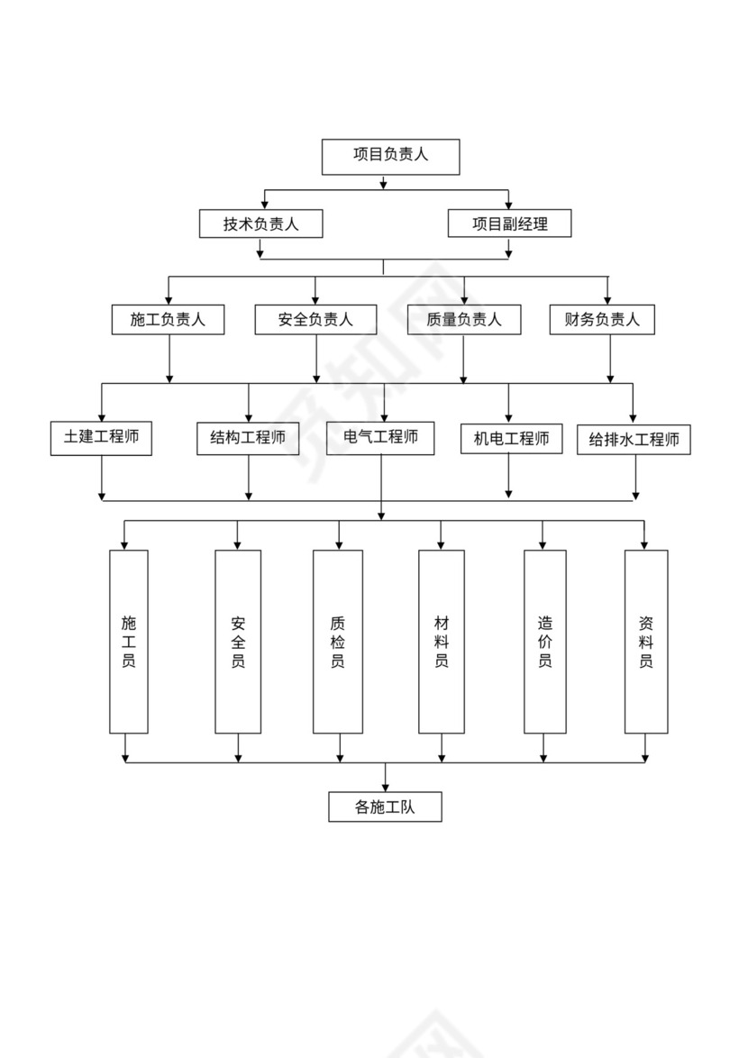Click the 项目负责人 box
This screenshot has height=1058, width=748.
(x=390, y=156)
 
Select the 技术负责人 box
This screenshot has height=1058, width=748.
(x=260, y=223)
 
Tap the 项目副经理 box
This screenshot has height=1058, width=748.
(x=509, y=223)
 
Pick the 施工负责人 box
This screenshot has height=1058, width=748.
(x=168, y=320)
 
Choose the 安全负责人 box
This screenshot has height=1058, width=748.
(x=315, y=320)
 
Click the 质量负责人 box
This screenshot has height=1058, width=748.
(x=463, y=320)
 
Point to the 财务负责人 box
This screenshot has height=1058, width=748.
(x=602, y=320)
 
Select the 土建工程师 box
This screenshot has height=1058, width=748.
(x=101, y=438)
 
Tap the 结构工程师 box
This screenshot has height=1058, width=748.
(x=248, y=438)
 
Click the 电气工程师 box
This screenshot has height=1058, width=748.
(x=380, y=438)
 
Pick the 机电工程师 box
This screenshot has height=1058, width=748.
(x=511, y=439)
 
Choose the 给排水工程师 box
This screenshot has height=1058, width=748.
(x=634, y=440)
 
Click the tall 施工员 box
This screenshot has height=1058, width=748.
(x=128, y=641)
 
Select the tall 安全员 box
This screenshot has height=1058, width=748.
(x=238, y=641)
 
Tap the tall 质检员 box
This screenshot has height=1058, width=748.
(x=338, y=641)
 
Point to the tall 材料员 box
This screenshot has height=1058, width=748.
(x=442, y=641)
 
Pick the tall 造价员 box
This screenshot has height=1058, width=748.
(x=545, y=641)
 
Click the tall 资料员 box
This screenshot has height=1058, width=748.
(x=646, y=641)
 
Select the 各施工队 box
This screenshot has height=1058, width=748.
(x=385, y=807)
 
